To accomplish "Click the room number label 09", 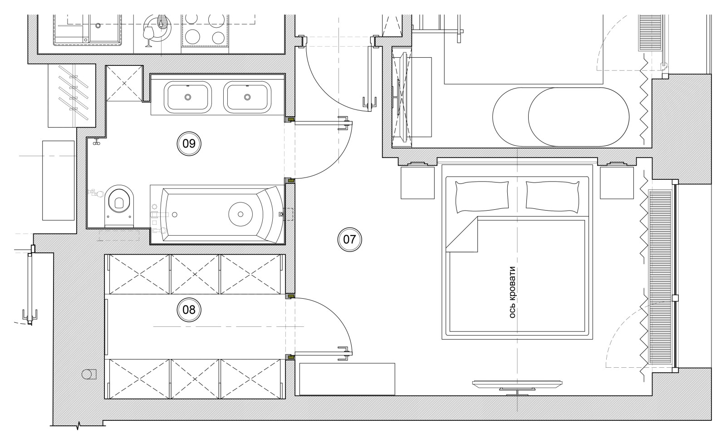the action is coord(189,143).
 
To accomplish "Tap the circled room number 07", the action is coord(349,240).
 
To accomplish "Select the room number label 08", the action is coord(189,310).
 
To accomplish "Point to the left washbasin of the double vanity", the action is coord(188,97).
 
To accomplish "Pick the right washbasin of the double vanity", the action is coord(247,97).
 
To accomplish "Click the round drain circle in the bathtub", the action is coord(240,214).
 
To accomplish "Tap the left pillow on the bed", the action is coord(482,197).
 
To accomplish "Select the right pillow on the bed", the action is coord(552,197).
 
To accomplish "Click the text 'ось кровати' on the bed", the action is coord(512,292).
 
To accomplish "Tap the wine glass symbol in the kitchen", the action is coord(148,36).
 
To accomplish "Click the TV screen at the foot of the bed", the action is coord(517,385).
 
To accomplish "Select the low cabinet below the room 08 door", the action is coord(347,379).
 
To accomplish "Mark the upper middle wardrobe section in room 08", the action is coord(195,274).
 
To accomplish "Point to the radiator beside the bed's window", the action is coord(660,276).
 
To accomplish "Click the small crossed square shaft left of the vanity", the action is coord(124,84).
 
